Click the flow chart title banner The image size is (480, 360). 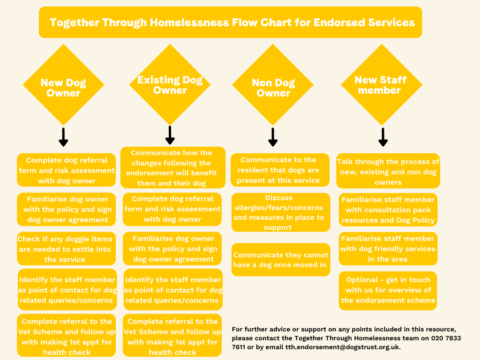point(231,22)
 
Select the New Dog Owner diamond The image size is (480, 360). point(63,85)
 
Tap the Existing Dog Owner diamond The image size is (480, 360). point(170,85)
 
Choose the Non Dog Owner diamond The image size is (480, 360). point(273,85)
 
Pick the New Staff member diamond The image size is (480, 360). point(382,85)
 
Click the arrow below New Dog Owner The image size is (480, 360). point(63,137)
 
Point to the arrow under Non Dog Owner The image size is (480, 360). point(273,137)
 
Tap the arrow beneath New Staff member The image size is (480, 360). point(383,137)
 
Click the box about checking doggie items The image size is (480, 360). point(66,248)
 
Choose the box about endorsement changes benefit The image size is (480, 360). point(173,167)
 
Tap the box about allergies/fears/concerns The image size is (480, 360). point(281,212)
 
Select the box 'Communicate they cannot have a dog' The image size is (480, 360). point(281,260)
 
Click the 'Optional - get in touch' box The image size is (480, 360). point(388,291)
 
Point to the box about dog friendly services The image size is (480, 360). point(388,248)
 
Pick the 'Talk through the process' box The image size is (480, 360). point(388,171)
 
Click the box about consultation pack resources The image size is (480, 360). point(388,210)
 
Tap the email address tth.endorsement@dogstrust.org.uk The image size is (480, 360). point(342,347)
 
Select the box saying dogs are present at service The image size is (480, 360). point(280,170)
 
